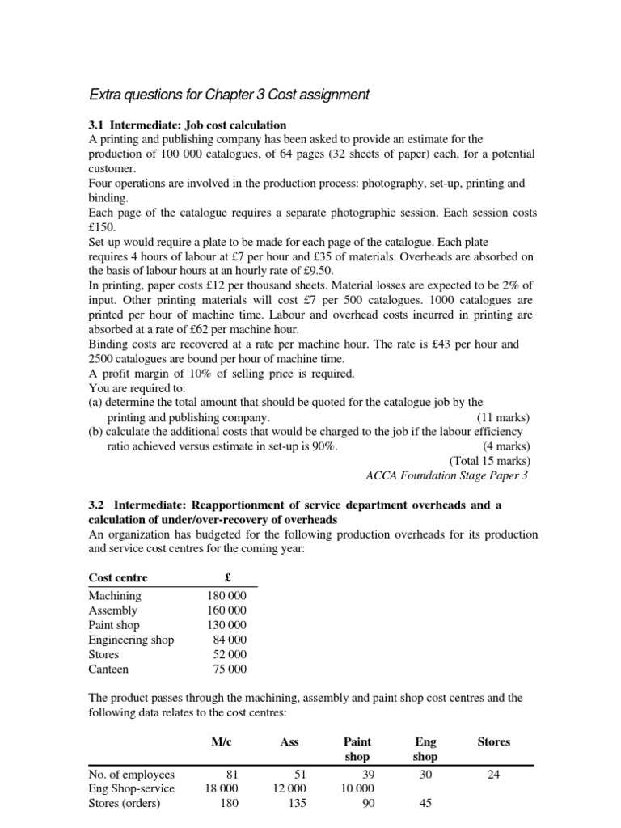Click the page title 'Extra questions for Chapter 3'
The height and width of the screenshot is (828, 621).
(x=228, y=95)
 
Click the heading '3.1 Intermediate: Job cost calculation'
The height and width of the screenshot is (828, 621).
(x=187, y=125)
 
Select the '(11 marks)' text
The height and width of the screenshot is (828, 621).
(x=502, y=417)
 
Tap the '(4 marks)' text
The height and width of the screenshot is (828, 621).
(x=505, y=446)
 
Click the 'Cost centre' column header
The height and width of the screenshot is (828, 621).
(x=118, y=577)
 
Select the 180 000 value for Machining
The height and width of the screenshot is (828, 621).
(x=226, y=596)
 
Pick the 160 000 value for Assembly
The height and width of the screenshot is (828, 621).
(x=226, y=610)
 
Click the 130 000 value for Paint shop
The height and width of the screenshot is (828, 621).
(x=226, y=625)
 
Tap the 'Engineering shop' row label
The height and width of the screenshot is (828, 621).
(x=131, y=640)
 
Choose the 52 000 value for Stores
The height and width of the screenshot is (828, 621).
(x=229, y=654)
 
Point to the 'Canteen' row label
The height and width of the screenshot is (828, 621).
(x=108, y=669)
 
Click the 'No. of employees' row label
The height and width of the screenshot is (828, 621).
(x=132, y=775)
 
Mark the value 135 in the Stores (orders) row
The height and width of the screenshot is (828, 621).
(x=294, y=804)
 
